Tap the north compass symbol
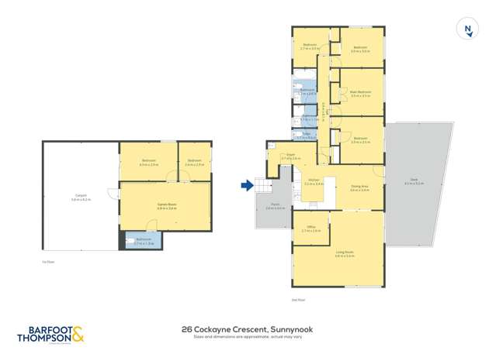[467, 30]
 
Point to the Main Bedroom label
[360, 93]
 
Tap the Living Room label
[345, 253]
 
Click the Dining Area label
[359, 187]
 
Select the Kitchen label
[314, 182]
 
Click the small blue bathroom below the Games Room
[144, 241]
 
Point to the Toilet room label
[307, 136]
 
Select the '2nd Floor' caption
[297, 299]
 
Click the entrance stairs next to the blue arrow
[265, 187]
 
